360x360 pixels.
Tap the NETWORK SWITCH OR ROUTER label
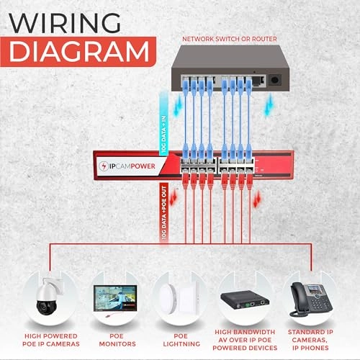point(231,38)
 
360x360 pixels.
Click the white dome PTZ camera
point(50,294)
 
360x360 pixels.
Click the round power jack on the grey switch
point(274,80)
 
